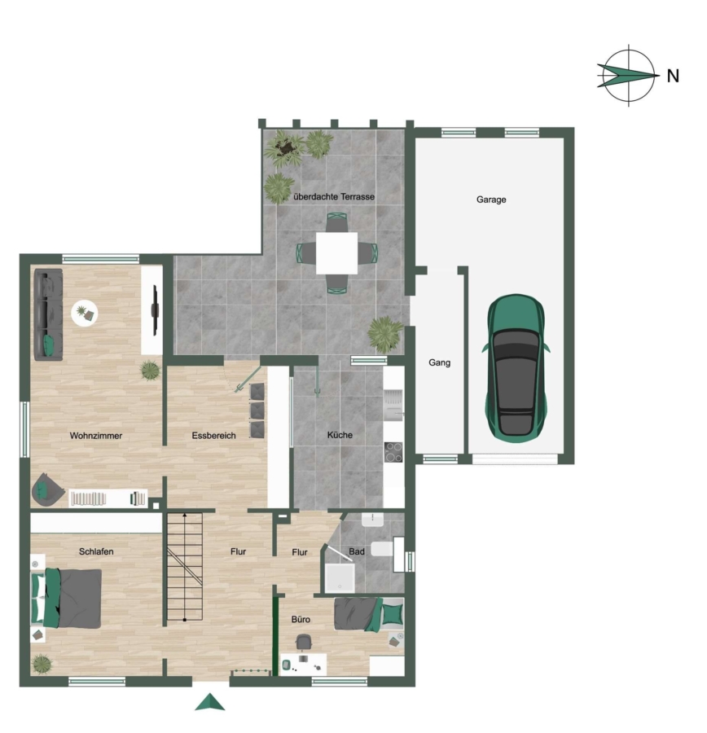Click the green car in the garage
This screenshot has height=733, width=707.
516,368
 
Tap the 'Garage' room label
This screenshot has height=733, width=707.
491,200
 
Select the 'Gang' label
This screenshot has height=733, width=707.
440,362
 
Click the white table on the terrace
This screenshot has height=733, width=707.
336,253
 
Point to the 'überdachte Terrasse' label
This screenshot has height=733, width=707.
334,197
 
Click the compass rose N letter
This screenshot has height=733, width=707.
673,76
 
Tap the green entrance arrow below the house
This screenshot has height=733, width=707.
210,702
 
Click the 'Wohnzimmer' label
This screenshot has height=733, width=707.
96,436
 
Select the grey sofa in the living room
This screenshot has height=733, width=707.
48,314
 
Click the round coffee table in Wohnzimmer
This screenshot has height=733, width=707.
85,313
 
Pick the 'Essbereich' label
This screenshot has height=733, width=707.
213,436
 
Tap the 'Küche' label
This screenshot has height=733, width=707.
340,435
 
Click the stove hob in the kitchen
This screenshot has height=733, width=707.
393,452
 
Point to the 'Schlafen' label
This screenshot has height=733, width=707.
96,551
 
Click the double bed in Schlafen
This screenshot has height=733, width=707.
66,599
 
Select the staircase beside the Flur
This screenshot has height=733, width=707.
185,567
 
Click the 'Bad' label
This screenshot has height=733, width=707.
357,551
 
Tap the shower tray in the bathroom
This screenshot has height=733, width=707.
340,578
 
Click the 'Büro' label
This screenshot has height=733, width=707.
301,620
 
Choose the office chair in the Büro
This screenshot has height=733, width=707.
304,643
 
